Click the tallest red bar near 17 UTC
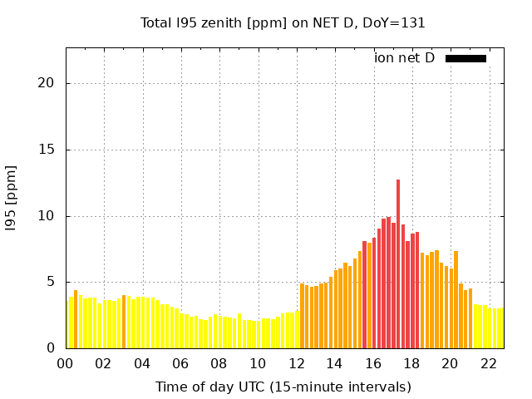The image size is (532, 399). click(x=398, y=264)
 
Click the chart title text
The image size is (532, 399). click(x=283, y=23)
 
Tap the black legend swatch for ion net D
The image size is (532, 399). click(x=465, y=59)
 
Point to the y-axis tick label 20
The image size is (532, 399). click(x=47, y=83)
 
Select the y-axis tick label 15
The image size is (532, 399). click(x=47, y=150)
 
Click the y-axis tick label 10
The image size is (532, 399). click(x=47, y=216)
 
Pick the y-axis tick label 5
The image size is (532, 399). click(x=51, y=282)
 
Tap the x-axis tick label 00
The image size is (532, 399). click(x=65, y=364)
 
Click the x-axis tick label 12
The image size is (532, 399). click(x=297, y=364)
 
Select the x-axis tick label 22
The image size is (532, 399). click(x=489, y=364)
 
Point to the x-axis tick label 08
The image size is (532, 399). click(x=219, y=364)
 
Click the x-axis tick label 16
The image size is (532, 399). click(x=373, y=364)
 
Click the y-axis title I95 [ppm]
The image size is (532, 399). click(x=11, y=199)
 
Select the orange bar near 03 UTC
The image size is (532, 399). click(x=124, y=322)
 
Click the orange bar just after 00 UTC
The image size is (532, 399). click(x=76, y=319)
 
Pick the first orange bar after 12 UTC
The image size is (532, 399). click(x=302, y=316)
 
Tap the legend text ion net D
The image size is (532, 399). click(x=404, y=58)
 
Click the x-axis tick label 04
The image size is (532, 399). click(x=142, y=364)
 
